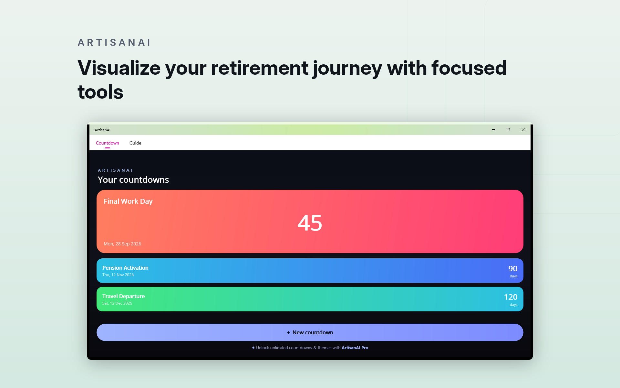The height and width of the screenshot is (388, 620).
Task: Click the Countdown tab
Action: (108, 143)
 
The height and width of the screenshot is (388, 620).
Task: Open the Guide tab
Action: (135, 143)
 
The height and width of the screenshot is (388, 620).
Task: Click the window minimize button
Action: (493, 130)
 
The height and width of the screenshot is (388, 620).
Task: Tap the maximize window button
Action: (508, 130)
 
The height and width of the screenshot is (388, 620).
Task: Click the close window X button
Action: (523, 130)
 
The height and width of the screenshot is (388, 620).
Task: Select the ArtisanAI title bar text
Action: (102, 130)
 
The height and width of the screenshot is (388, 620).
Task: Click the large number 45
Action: (310, 223)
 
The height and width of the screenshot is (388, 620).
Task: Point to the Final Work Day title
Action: (128, 201)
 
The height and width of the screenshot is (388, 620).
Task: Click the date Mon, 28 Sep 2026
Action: (122, 244)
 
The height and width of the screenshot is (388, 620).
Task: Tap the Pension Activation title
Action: (125, 268)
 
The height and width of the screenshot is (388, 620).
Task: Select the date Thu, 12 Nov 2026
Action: (118, 275)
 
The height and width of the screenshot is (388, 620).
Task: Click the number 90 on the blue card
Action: (513, 269)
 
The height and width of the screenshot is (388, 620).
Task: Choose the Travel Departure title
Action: (123, 296)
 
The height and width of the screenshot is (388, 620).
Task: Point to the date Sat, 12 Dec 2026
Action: (117, 303)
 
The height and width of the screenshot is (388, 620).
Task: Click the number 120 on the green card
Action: (511, 297)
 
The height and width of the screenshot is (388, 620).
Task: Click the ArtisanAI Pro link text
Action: (355, 348)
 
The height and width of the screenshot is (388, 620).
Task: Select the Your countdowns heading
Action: (133, 180)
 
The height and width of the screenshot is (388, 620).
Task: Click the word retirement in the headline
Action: (260, 68)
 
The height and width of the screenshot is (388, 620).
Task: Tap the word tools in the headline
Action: (100, 92)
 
